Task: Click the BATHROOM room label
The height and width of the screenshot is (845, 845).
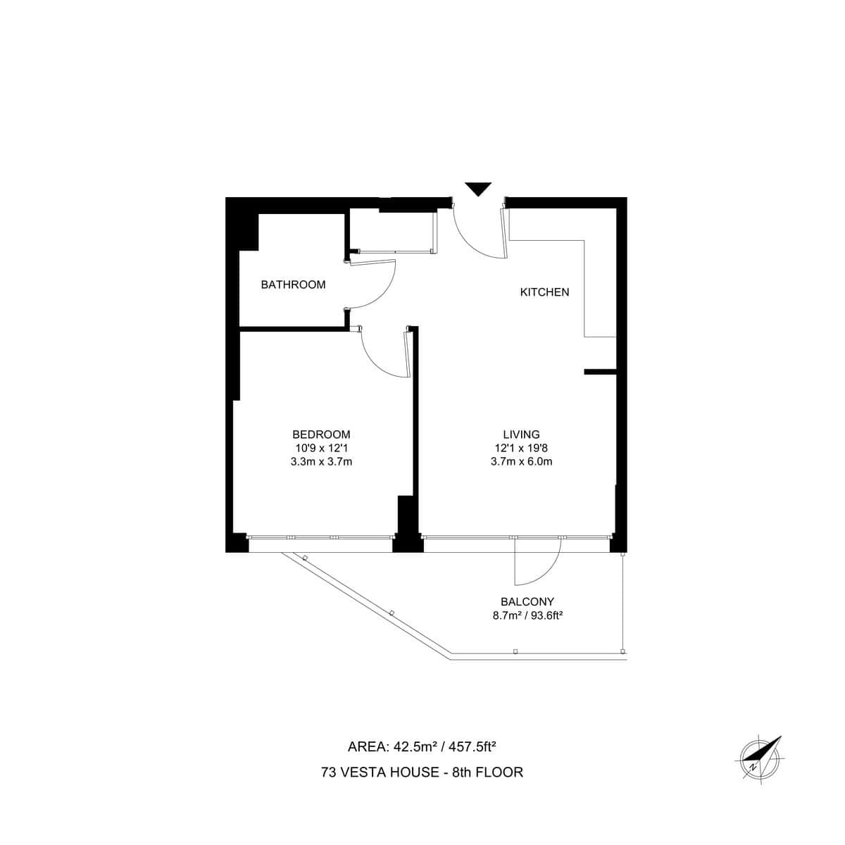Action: tap(293, 284)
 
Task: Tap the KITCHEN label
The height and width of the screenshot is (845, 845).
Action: tap(544, 292)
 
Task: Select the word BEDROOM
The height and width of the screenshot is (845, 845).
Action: tap(321, 434)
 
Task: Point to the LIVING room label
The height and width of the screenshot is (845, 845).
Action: tap(521, 434)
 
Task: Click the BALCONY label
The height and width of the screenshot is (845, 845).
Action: tap(527, 602)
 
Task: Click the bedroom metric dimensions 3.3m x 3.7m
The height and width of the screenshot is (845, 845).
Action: tap(321, 462)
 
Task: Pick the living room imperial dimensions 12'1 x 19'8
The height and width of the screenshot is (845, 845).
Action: tap(521, 448)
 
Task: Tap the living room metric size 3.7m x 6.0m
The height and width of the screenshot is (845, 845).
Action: tap(521, 462)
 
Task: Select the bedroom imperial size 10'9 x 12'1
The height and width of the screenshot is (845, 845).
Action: tap(321, 448)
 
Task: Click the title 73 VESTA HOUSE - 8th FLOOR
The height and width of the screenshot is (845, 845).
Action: tap(422, 772)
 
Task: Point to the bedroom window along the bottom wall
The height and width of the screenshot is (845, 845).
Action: tap(320, 537)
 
